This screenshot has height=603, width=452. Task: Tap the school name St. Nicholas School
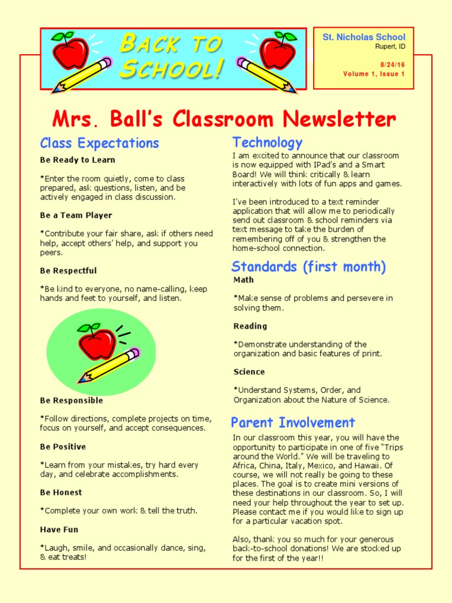(x=364, y=37)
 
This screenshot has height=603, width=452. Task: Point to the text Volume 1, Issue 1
(x=374, y=74)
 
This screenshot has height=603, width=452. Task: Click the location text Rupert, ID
(x=390, y=47)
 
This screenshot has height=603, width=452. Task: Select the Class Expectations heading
(x=99, y=143)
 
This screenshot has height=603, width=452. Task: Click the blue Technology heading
(x=267, y=142)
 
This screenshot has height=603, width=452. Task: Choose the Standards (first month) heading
(x=308, y=267)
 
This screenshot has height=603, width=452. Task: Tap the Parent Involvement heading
(x=293, y=422)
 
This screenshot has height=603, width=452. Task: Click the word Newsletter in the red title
(x=339, y=120)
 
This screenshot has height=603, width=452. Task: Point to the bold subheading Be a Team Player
(x=76, y=216)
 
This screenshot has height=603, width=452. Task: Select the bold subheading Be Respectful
(x=68, y=271)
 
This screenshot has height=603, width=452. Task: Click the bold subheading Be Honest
(x=61, y=492)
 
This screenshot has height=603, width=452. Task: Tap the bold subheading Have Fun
(x=59, y=529)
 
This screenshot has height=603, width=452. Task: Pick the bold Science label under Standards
(x=249, y=372)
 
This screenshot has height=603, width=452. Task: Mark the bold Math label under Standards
(x=244, y=280)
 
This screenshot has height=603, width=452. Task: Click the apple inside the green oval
(x=97, y=342)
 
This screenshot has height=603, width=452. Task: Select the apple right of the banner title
(x=278, y=50)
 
